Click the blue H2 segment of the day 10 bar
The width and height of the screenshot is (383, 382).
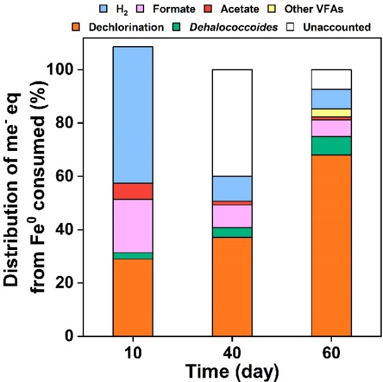coord(133,114)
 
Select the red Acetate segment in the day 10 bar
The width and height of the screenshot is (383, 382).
coord(133,191)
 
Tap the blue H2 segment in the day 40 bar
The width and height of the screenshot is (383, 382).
coord(232,188)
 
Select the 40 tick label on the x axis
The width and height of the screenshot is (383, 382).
coord(232,351)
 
